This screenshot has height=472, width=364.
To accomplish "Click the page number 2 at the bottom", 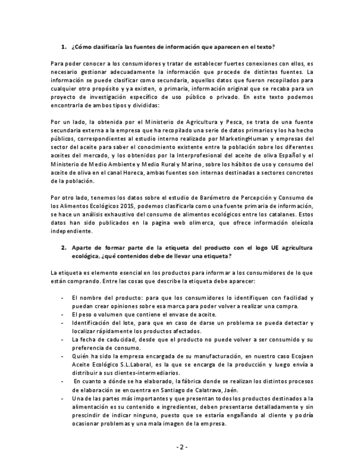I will [x=182, y=447].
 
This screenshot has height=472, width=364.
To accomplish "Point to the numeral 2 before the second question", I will [x=63, y=247].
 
